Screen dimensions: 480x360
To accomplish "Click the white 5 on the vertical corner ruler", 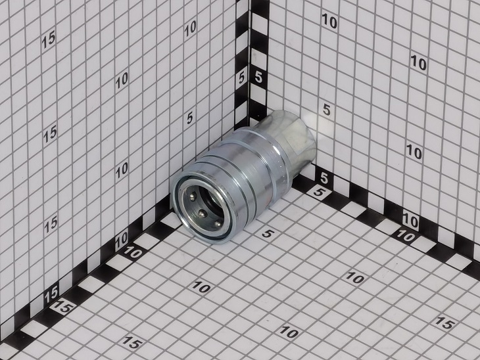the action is (258, 77).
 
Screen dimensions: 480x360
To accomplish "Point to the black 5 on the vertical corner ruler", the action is (241, 78).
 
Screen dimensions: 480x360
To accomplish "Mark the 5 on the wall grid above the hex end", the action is (327, 110).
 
